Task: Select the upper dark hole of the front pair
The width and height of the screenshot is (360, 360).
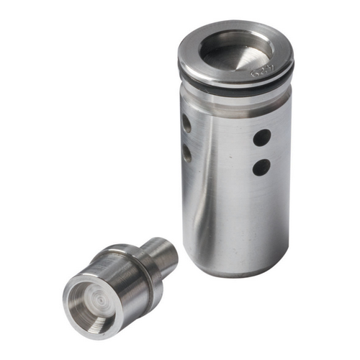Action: coord(262,136)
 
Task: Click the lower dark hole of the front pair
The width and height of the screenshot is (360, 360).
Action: coord(261,167)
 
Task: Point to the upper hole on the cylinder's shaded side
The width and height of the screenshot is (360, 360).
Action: coord(186,124)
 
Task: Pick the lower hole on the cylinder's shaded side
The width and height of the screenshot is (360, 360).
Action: coord(186,153)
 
